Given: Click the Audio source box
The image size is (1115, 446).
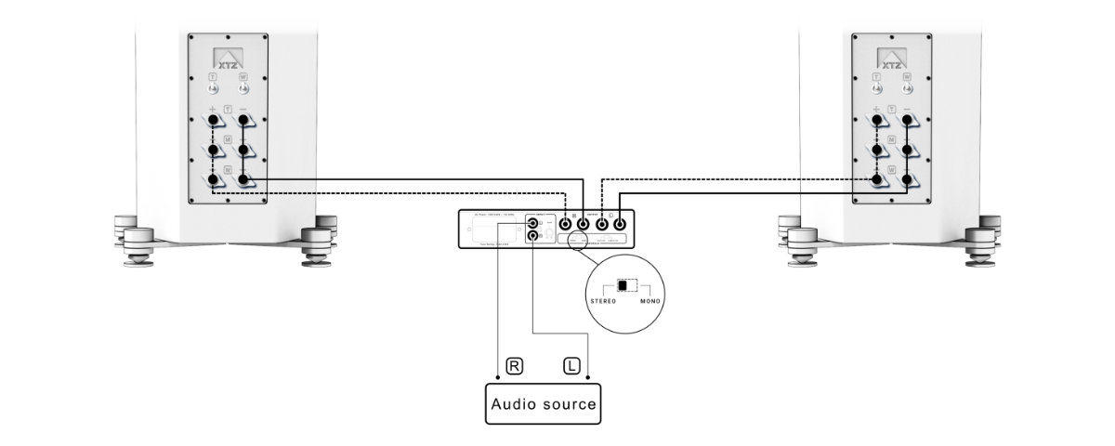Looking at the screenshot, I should [544, 404].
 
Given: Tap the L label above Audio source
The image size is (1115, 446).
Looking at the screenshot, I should [571, 365].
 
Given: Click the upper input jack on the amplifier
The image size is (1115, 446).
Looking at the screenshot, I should [532, 223].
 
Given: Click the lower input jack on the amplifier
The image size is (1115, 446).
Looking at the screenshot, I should [532, 237].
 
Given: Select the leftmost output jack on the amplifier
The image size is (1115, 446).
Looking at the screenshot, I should [564, 223].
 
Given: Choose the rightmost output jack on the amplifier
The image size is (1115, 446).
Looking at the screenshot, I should [620, 223].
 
